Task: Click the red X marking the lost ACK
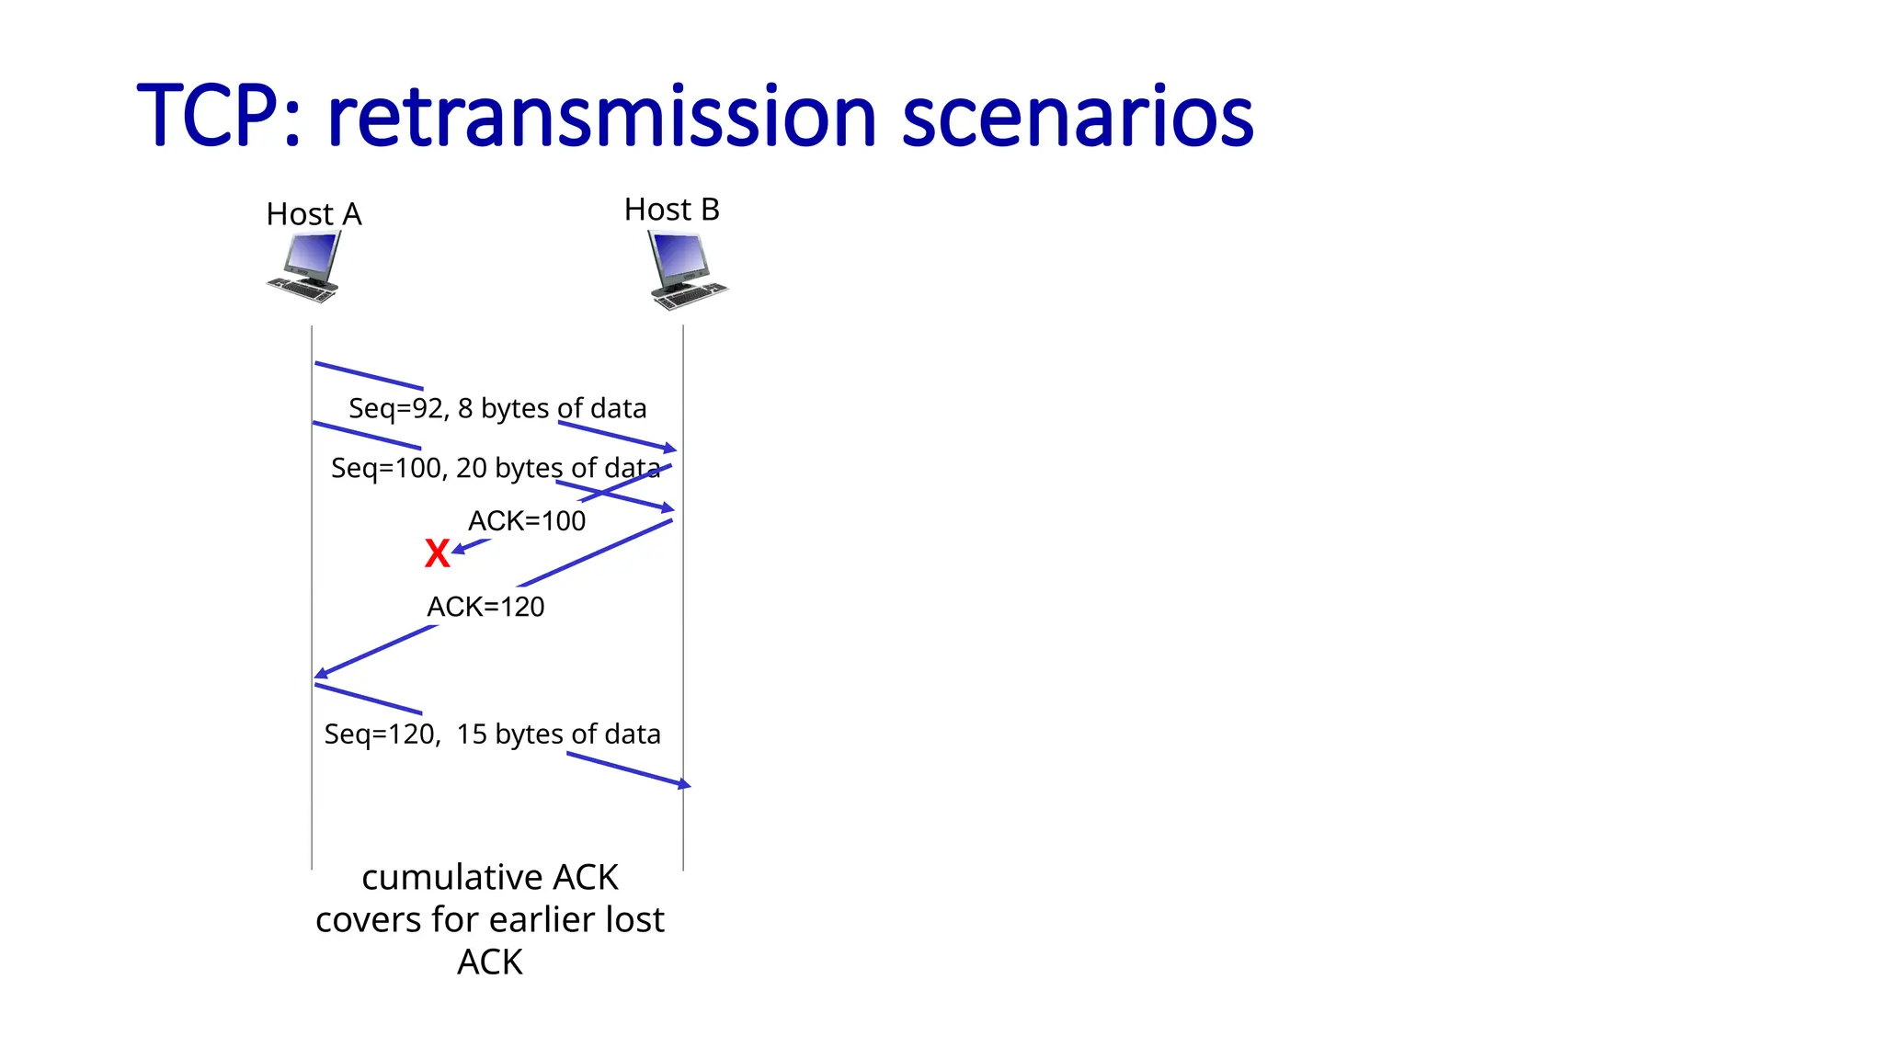click(x=438, y=553)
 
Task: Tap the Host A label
click(x=314, y=214)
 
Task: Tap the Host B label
click(x=671, y=210)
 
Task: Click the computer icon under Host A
click(x=305, y=267)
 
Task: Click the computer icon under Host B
click(x=686, y=270)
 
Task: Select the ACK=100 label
click(x=527, y=521)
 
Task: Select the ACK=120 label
click(x=485, y=607)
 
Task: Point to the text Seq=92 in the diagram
click(x=396, y=408)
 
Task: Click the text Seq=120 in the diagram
click(x=380, y=734)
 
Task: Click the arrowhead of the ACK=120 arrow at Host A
click(x=320, y=674)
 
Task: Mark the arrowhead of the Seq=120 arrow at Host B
click(x=685, y=784)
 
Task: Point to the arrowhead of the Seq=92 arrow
click(x=671, y=449)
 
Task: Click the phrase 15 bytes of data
click(x=558, y=734)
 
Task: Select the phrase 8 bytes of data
click(x=552, y=408)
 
